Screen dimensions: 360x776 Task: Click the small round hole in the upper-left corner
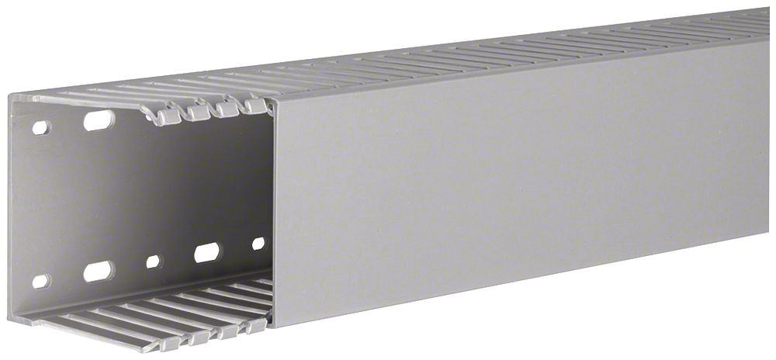tap(40, 126)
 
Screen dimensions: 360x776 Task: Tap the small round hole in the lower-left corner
tap(40, 280)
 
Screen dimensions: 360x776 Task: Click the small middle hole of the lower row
tap(154, 261)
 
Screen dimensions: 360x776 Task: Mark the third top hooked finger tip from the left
tap(227, 109)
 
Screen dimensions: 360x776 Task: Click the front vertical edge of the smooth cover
tap(274, 209)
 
